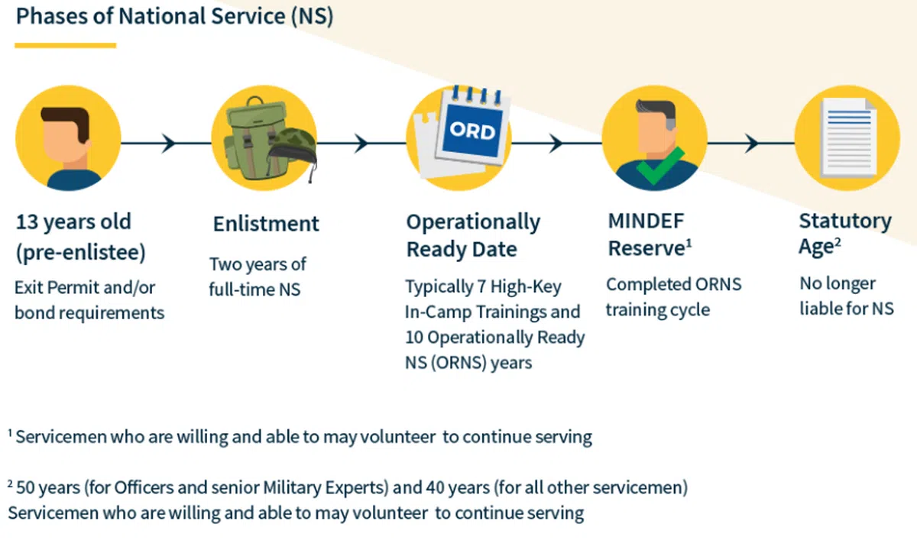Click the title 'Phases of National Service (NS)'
[x=174, y=17]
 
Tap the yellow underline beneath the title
[x=66, y=46]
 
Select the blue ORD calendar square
[x=474, y=131]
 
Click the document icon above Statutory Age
[x=848, y=137]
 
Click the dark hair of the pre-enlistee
[x=66, y=120]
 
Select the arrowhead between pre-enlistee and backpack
[x=169, y=143]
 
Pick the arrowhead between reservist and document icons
[x=751, y=143]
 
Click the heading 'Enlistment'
[x=266, y=224]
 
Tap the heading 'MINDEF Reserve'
[x=650, y=234]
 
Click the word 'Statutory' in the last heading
[x=845, y=221]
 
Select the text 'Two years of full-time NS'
[x=258, y=277]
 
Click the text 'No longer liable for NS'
[x=847, y=296]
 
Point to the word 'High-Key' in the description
[x=526, y=287]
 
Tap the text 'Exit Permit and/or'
[x=85, y=288]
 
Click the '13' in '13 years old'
[x=27, y=221]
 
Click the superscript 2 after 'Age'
[x=838, y=242]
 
